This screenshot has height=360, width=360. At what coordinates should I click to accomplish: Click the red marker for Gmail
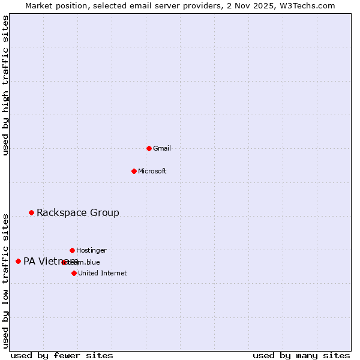pos(149,148)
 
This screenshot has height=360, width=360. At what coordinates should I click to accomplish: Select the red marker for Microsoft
pos(134,171)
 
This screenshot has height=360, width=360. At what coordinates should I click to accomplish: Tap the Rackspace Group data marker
pos(31,212)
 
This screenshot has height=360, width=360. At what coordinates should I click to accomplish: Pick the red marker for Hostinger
pos(72,250)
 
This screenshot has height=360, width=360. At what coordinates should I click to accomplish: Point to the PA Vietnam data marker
pos(18,261)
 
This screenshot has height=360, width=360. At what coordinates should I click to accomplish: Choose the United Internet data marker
pos(74,273)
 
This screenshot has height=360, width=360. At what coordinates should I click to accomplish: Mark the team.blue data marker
pos(64,262)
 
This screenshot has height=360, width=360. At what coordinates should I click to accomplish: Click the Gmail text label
pos(162,148)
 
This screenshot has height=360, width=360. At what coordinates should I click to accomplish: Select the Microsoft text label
pos(152,171)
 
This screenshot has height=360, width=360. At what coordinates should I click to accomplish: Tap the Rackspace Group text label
pos(78,212)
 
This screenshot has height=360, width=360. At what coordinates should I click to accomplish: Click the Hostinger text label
pos(91,250)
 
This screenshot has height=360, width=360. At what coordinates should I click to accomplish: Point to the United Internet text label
pos(103,273)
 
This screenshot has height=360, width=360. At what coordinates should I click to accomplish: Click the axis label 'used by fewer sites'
pos(62,355)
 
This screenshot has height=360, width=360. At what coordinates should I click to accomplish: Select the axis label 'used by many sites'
pos(301,355)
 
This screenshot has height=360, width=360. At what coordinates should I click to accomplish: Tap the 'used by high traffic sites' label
pos(5,85)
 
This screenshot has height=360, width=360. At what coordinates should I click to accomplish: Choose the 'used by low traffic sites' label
pos(5,280)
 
